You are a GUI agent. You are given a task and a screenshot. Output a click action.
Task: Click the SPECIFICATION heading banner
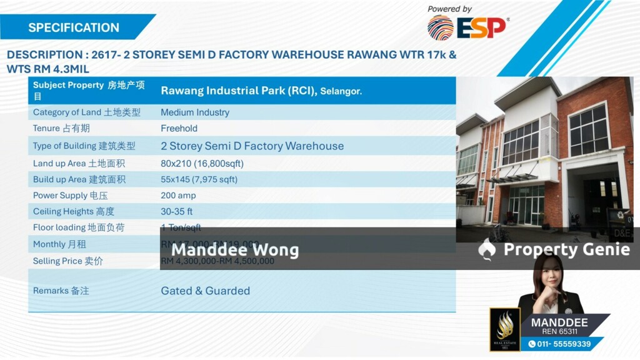coord(74,27)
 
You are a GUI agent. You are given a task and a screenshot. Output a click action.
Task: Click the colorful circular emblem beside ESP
coord(440,28)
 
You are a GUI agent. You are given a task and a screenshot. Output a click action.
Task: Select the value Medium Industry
coord(195,112)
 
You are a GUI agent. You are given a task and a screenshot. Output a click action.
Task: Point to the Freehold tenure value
coord(179,128)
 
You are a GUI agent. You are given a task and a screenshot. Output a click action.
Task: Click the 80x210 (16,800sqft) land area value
coord(202,163)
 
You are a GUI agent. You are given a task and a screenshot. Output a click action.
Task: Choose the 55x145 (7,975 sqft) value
coord(199,179)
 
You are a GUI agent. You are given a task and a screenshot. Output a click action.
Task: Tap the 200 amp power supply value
coord(178,196)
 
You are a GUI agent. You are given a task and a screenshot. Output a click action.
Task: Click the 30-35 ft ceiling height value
coord(177,212)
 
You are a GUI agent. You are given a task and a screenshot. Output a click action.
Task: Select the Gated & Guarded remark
coord(205,291)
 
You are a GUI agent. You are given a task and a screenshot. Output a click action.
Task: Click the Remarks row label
coord(61,291)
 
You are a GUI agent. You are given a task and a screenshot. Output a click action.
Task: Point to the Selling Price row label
coord(68,261)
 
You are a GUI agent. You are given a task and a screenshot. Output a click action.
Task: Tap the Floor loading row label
coord(79,227)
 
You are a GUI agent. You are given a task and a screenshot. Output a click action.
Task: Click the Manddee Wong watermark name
coord(235,250)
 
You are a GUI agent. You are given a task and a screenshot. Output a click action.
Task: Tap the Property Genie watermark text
coord(566,249)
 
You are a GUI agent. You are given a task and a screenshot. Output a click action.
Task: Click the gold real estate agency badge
coord(505,329)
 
